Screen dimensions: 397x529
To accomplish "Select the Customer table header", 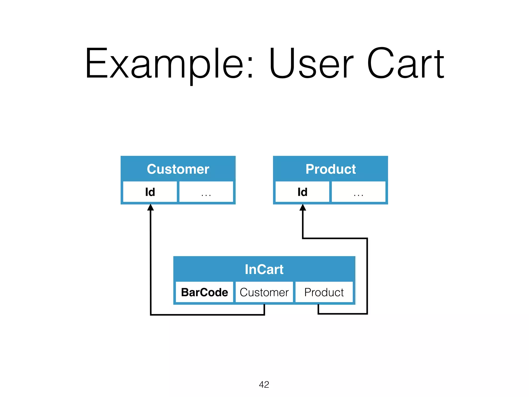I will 178,169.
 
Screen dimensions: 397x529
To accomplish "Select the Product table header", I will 330,169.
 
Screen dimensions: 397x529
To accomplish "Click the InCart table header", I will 264,269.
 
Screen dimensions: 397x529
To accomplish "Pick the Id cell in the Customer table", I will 150,192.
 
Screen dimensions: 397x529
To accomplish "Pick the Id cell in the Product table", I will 302,192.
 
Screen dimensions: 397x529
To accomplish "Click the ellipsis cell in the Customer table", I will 206,192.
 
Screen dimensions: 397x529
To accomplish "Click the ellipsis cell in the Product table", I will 359,192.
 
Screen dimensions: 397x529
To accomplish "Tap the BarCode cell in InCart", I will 204,292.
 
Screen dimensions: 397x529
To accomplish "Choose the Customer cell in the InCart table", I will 264,292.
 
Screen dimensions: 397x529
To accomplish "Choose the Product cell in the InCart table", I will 324,292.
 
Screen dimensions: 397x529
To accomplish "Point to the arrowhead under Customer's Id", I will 151,207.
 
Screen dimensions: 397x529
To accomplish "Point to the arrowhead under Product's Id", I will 303,207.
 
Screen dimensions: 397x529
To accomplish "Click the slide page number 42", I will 264,385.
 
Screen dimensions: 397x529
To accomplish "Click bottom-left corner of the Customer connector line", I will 151,315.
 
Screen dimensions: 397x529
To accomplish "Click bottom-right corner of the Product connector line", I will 367,314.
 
